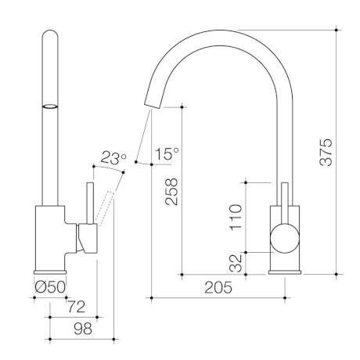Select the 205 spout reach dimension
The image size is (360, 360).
(x=220, y=287)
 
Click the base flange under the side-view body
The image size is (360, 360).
(x=285, y=270)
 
